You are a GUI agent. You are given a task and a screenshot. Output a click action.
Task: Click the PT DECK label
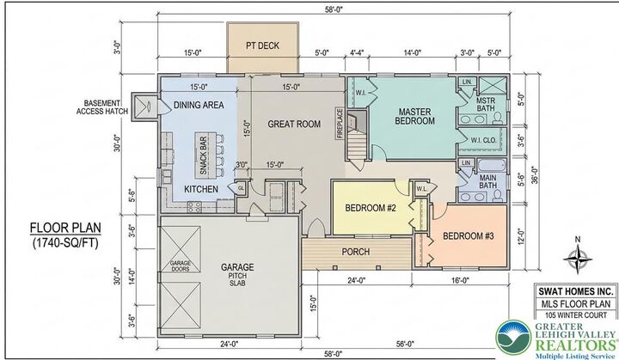263,45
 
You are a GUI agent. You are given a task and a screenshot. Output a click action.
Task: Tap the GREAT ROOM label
293,124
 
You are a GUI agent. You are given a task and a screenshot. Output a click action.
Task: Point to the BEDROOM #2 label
371,208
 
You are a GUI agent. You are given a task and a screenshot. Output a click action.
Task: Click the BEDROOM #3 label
467,236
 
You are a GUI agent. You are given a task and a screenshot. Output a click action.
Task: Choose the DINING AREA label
199,105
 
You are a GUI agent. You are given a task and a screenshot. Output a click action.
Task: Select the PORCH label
356,252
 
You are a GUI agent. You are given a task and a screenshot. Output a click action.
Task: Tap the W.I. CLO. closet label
487,139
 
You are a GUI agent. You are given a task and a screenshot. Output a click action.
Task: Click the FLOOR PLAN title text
65,229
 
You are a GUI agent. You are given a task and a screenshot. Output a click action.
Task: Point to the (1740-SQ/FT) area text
66,244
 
